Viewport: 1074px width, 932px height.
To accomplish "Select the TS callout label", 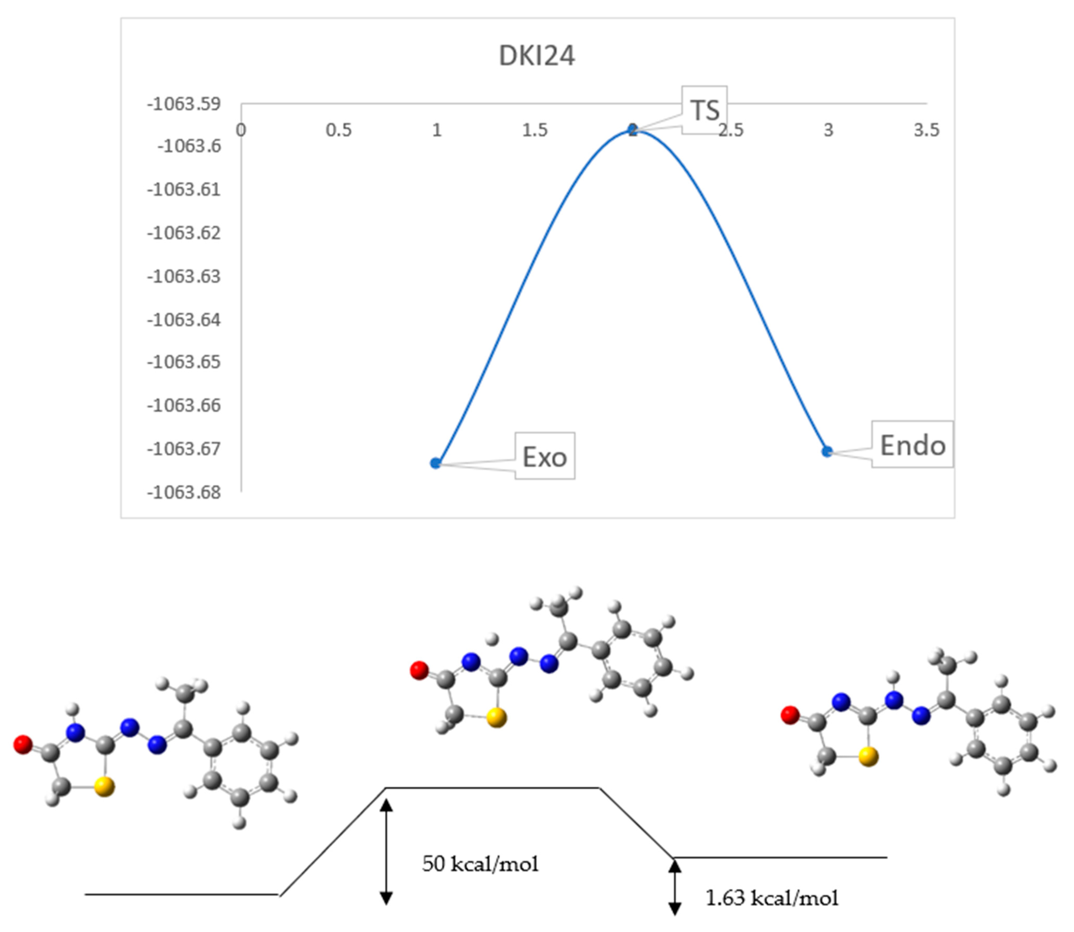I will [x=705, y=110].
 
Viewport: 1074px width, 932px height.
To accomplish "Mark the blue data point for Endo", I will [x=827, y=451].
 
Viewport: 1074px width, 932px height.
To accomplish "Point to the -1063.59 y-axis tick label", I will [x=184, y=104].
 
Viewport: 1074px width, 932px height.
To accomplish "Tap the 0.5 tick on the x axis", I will [x=339, y=130].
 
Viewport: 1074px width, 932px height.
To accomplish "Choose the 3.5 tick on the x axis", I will [x=926, y=130].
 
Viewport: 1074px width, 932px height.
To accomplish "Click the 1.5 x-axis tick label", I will [x=535, y=130].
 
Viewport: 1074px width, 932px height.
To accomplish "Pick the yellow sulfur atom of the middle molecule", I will [x=497, y=718].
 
